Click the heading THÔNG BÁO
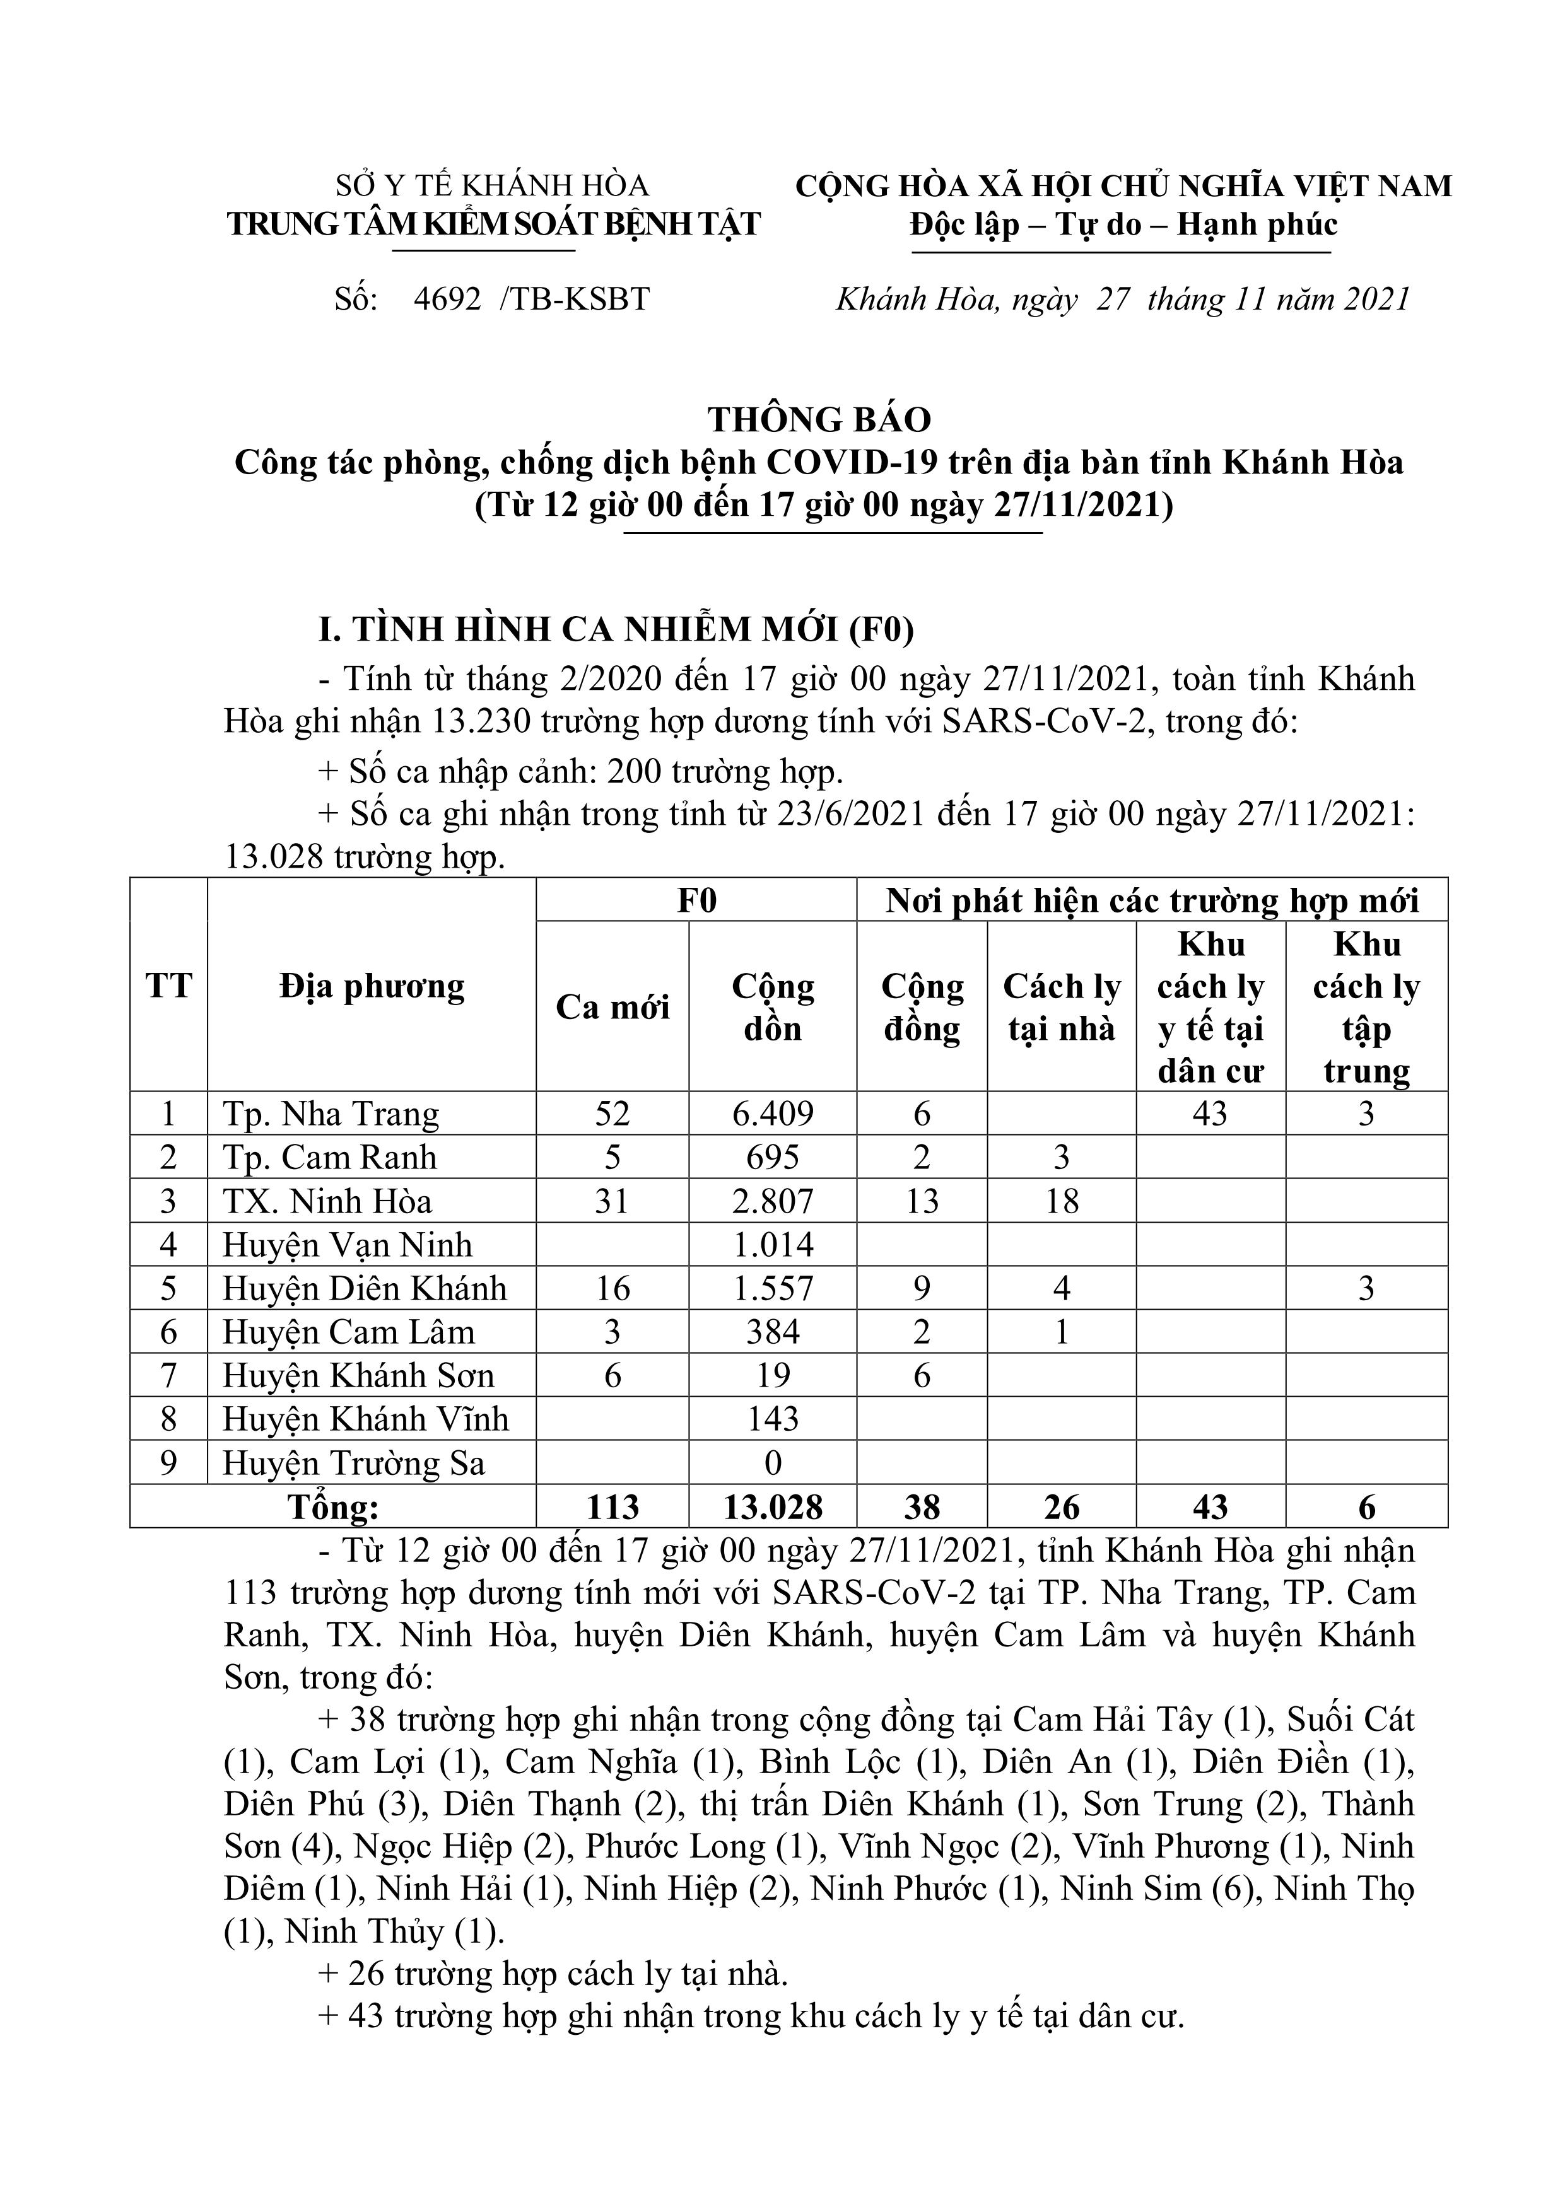click(x=819, y=419)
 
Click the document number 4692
click(x=447, y=300)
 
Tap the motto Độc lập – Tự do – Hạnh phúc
click(x=1123, y=224)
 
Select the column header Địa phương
click(x=372, y=987)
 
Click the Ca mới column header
click(x=613, y=1007)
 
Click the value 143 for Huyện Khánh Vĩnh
click(x=773, y=1419)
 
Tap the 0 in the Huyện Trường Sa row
click(x=773, y=1464)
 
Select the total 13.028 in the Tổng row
click(x=773, y=1507)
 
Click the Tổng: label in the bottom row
click(x=334, y=1507)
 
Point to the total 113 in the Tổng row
click(x=613, y=1507)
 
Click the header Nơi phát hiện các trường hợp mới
click(x=1152, y=901)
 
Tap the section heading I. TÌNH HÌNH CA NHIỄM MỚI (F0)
click(x=617, y=629)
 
